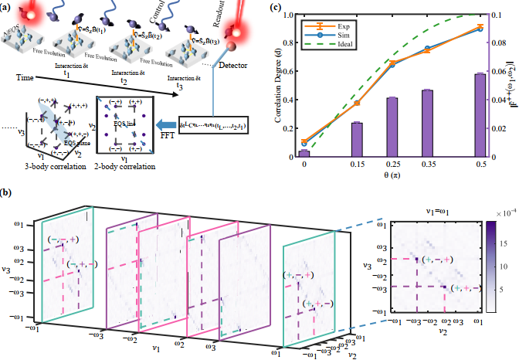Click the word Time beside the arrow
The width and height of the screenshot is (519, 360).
pos(25,79)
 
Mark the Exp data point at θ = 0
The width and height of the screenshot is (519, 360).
pos(304,142)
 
